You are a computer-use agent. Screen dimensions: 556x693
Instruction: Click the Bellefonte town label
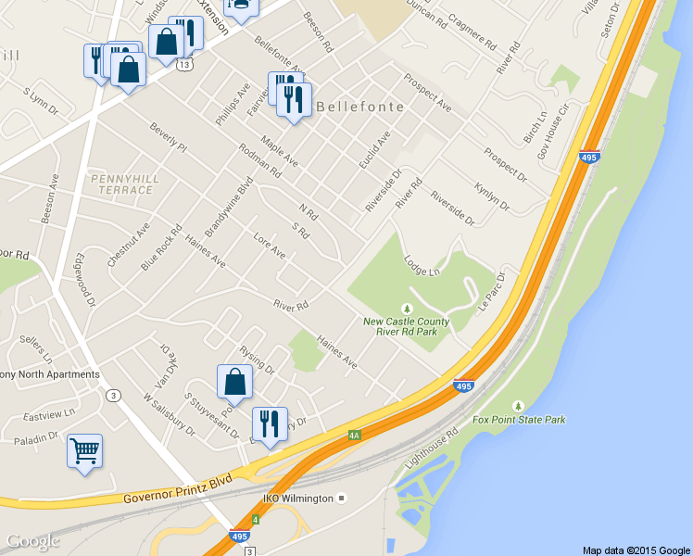pos(361,107)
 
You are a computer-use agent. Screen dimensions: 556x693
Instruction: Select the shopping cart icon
pos(84,451)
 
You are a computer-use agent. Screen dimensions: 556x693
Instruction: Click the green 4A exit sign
pos(354,434)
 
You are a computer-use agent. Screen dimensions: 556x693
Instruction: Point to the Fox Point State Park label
pos(518,420)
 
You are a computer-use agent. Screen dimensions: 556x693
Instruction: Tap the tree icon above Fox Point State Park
pos(518,406)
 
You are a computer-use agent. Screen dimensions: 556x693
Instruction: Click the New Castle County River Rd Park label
pos(406,327)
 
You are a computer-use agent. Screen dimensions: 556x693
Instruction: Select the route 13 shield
pos(186,65)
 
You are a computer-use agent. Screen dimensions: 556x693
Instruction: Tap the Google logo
pos(33,541)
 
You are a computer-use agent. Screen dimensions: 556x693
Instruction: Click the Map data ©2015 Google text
pos(636,550)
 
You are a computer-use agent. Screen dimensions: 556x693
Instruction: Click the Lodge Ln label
pos(422,265)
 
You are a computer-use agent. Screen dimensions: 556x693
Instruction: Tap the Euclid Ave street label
pos(375,149)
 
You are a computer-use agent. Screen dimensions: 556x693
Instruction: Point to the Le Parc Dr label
pos(492,291)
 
